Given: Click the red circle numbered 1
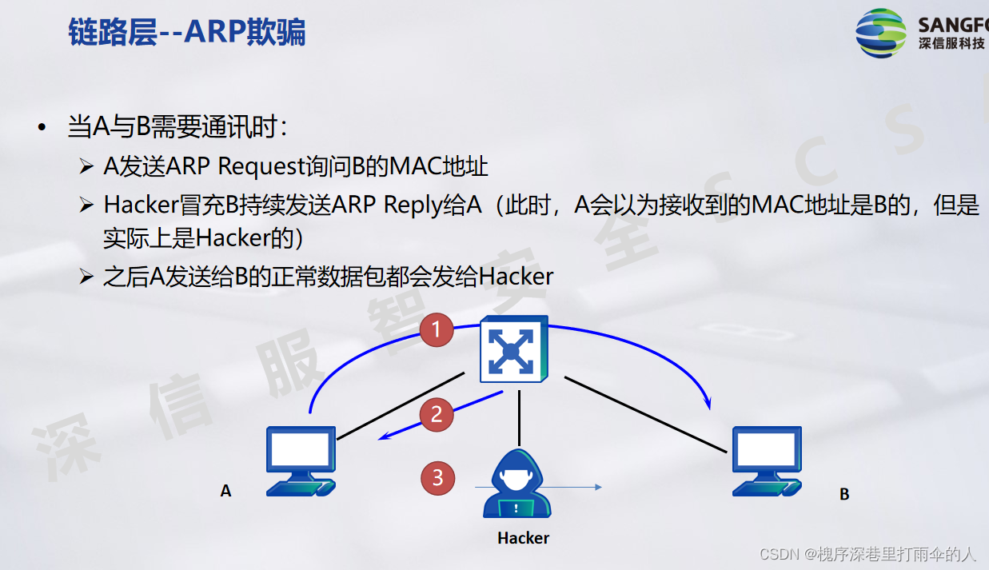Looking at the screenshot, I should (437, 329).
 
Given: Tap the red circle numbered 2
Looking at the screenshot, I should (437, 414).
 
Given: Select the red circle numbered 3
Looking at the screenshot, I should (437, 478).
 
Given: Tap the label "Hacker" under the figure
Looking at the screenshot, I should (523, 538).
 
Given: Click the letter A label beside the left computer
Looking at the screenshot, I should (225, 491).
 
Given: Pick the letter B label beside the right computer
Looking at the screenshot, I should (844, 495).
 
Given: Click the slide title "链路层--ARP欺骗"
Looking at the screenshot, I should (187, 33).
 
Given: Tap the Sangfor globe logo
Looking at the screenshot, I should (881, 33).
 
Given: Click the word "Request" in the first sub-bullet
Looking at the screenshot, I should (261, 166).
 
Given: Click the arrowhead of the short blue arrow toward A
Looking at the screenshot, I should (383, 436).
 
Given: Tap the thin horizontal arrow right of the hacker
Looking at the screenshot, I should (576, 486).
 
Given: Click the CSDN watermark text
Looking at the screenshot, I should (867, 553).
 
